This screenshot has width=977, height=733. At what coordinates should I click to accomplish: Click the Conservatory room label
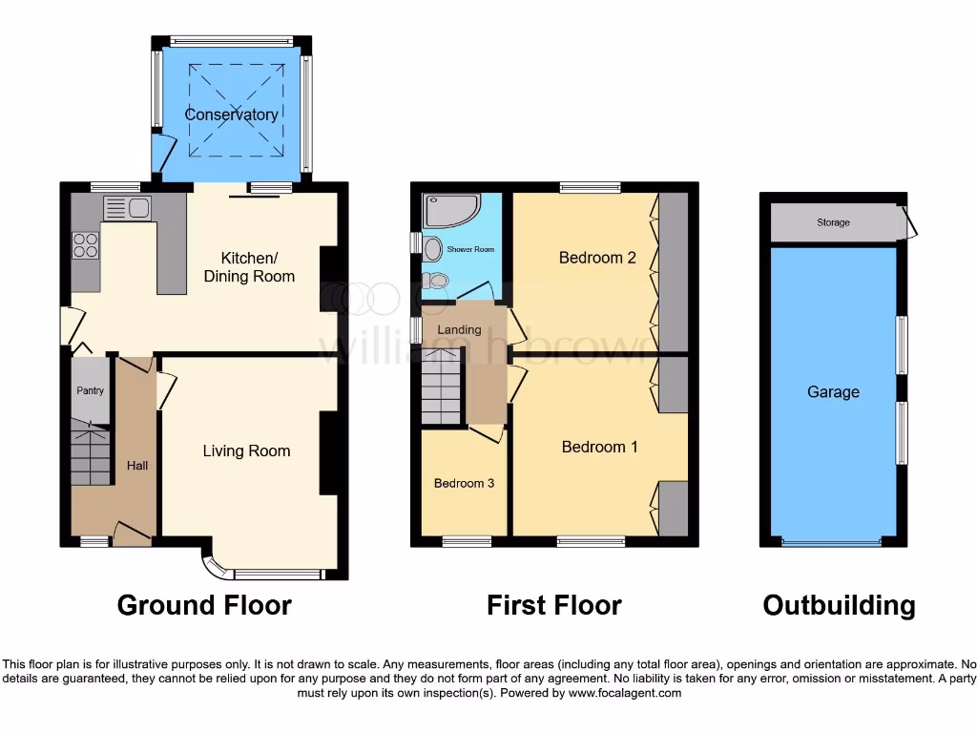click(x=232, y=115)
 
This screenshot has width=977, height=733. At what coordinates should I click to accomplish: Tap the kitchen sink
click(x=127, y=208)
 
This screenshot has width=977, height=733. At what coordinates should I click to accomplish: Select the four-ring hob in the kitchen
click(x=85, y=245)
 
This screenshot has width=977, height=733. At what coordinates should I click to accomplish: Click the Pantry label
click(x=91, y=390)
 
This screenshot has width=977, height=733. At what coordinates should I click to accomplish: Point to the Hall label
click(x=137, y=466)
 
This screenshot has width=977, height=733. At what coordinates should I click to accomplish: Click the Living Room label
click(x=246, y=451)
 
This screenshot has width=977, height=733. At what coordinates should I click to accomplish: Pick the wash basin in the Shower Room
click(x=432, y=249)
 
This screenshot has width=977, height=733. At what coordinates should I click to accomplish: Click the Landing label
click(x=459, y=330)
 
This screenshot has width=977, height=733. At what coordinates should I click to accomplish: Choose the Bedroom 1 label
click(x=599, y=447)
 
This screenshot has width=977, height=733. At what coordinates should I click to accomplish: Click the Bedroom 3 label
click(x=464, y=483)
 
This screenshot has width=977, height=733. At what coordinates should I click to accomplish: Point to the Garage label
click(x=833, y=392)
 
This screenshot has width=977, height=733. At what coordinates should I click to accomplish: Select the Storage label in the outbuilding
click(x=833, y=223)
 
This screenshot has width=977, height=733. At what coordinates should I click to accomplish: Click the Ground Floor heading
click(x=204, y=605)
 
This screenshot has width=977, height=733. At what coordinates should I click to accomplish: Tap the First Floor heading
click(x=553, y=605)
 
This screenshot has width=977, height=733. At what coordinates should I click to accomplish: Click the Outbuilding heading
click(x=839, y=605)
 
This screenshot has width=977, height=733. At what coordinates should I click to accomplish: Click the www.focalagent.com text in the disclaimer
click(x=624, y=693)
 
